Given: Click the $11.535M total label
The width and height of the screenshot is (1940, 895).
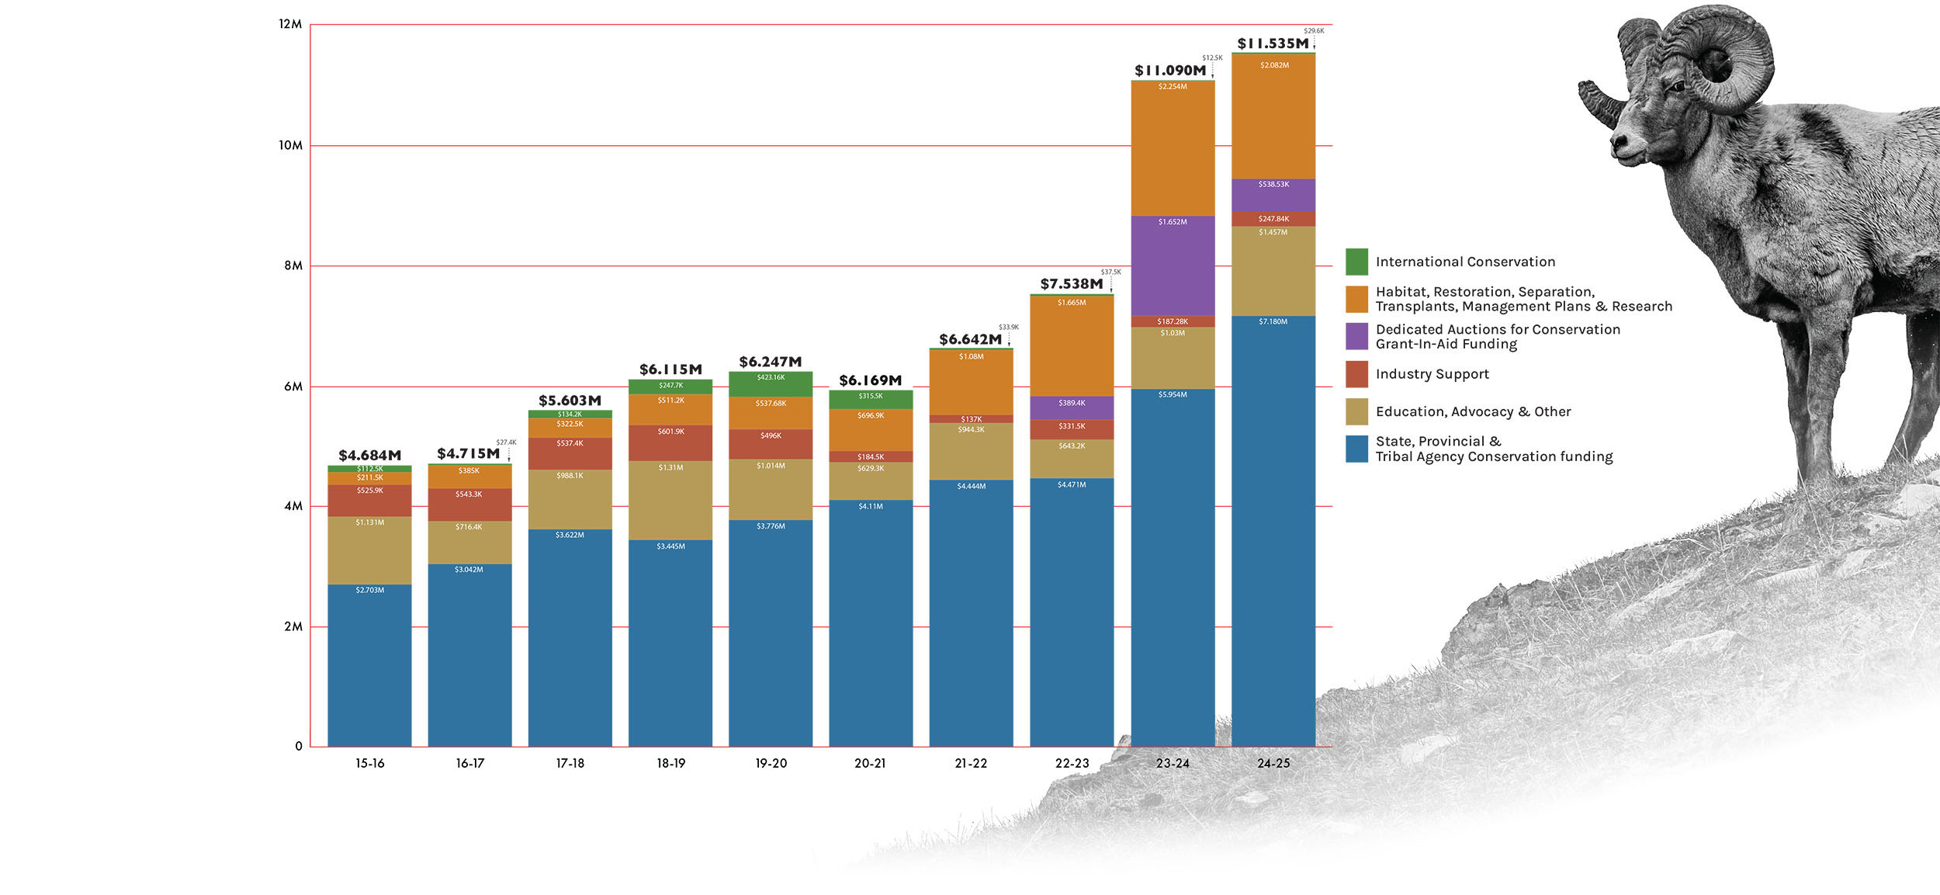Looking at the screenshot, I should (x=1273, y=43).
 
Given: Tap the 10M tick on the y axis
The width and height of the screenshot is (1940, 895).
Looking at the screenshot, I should (x=290, y=145).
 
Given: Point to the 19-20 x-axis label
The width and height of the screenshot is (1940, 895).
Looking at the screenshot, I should (x=771, y=763).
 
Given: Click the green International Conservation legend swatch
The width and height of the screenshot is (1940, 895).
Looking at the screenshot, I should (x=1356, y=262).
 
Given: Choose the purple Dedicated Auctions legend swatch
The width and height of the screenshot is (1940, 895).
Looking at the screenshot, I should (x=1356, y=336).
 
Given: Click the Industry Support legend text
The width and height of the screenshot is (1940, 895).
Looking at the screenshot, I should (x=1432, y=374).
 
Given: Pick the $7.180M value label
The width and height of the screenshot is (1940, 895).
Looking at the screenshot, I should (x=1273, y=321).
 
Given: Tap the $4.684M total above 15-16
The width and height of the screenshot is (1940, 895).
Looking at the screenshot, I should (x=369, y=456).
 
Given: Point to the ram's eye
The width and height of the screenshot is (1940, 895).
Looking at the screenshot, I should (x=1678, y=87).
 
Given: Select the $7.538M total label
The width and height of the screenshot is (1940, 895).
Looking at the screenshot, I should (x=1071, y=284).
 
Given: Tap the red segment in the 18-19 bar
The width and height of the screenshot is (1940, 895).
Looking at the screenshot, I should (x=670, y=444).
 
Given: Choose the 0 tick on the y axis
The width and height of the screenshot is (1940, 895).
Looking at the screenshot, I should (x=299, y=747).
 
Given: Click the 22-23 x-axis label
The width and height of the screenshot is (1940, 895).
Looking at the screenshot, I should (x=1072, y=763).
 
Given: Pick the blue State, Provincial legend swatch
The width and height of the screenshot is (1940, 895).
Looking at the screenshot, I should (x=1356, y=449).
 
